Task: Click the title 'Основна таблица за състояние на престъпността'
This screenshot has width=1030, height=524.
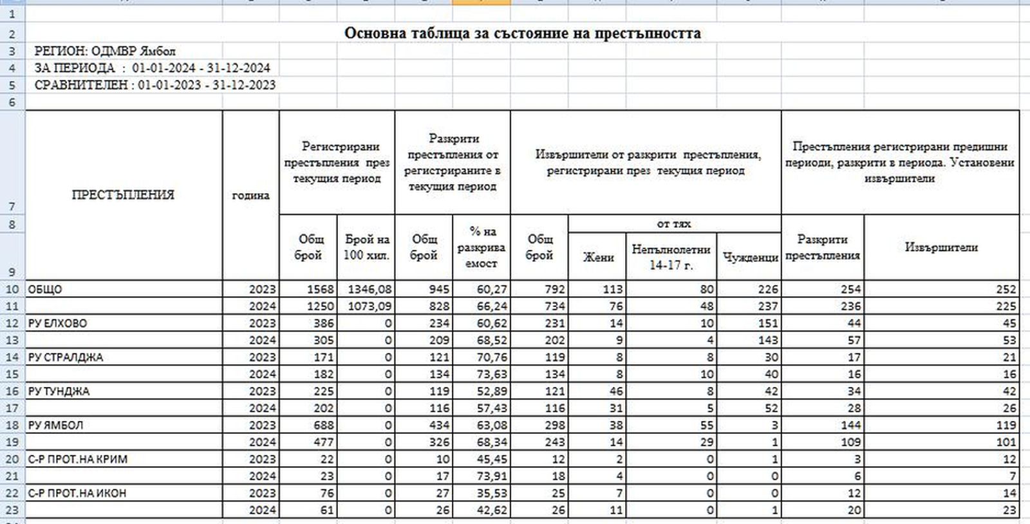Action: tap(522, 33)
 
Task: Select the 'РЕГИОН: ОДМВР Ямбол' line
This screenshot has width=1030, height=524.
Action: tap(105, 51)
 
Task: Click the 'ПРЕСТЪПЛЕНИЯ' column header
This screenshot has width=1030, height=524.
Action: tap(123, 195)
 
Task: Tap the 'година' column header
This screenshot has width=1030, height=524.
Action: tap(250, 196)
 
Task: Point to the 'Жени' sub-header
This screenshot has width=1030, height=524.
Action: tap(597, 257)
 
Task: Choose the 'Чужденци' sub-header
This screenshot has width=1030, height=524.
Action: tap(750, 257)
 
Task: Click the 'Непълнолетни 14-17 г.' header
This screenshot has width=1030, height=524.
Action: tap(671, 257)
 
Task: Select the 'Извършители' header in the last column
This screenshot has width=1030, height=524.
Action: tap(941, 247)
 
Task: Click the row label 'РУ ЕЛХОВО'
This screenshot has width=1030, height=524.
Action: tap(58, 323)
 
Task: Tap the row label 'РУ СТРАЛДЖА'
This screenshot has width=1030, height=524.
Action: tap(66, 357)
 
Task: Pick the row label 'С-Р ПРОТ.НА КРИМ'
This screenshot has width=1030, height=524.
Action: tap(78, 459)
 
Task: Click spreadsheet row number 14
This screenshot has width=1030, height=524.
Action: tap(12, 357)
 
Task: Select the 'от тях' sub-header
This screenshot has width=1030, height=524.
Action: tap(674, 224)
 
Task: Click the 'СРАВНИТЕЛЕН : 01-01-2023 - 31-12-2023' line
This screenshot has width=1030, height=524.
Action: tap(155, 85)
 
